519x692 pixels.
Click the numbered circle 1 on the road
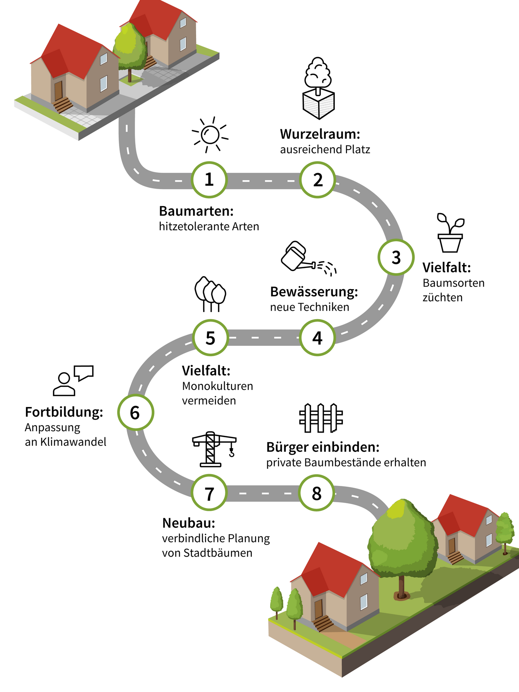(209, 180)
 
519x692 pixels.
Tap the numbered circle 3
(396, 257)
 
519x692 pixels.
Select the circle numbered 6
(135, 413)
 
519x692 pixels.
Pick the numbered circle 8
(317, 493)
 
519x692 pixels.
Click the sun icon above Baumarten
(210, 135)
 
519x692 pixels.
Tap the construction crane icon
(213, 449)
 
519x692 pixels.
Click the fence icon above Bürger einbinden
(321, 418)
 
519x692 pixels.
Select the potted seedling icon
(450, 233)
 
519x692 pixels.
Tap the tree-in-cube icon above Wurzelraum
(318, 88)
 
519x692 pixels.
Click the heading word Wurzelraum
(320, 134)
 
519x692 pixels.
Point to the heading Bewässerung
(314, 292)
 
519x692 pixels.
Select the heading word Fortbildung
(64, 412)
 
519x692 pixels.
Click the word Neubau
(188, 523)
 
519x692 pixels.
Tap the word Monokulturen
(218, 386)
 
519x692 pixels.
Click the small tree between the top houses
(129, 50)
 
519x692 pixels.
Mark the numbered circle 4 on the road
(317, 338)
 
